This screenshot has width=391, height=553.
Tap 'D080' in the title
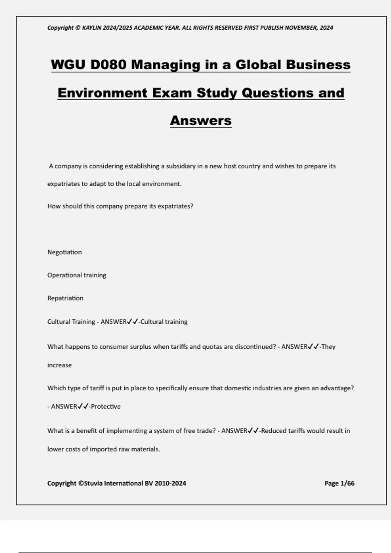coord(109,65)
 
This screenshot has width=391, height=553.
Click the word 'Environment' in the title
coord(102,93)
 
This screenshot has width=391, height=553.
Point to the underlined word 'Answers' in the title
coord(201,121)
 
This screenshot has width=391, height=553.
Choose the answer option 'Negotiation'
coord(65,252)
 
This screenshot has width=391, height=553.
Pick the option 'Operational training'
coord(77,275)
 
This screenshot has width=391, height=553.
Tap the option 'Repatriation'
coord(65,298)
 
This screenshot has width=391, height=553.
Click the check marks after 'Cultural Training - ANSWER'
coord(133,322)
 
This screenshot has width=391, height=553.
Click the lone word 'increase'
coord(59,365)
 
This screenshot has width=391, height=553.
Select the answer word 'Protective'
coord(106,407)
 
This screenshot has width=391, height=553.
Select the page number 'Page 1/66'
coord(339,483)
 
